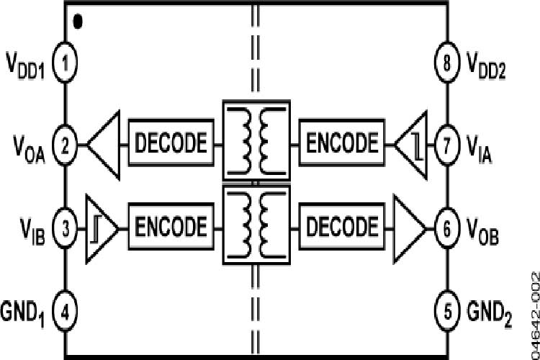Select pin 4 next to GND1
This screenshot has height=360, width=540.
pos(66,312)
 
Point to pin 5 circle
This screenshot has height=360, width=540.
pos(446,312)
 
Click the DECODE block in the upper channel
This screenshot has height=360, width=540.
pos(171,143)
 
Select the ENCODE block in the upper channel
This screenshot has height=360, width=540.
pos(341,143)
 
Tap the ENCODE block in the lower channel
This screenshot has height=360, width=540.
pos(171,227)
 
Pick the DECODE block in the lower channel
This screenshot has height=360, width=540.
pos(341,227)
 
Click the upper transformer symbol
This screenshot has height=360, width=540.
pos(256,143)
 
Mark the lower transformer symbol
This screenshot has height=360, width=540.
pos(256,225)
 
